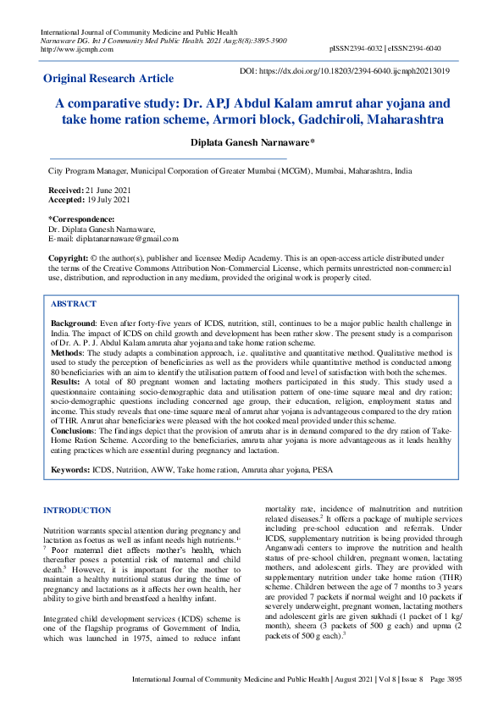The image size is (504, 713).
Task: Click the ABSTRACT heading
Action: click(x=73, y=303)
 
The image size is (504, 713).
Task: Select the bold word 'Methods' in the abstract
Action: click(x=68, y=351)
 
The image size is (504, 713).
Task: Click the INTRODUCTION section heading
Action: click(x=76, y=511)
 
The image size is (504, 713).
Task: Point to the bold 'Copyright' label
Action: click(x=68, y=257)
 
